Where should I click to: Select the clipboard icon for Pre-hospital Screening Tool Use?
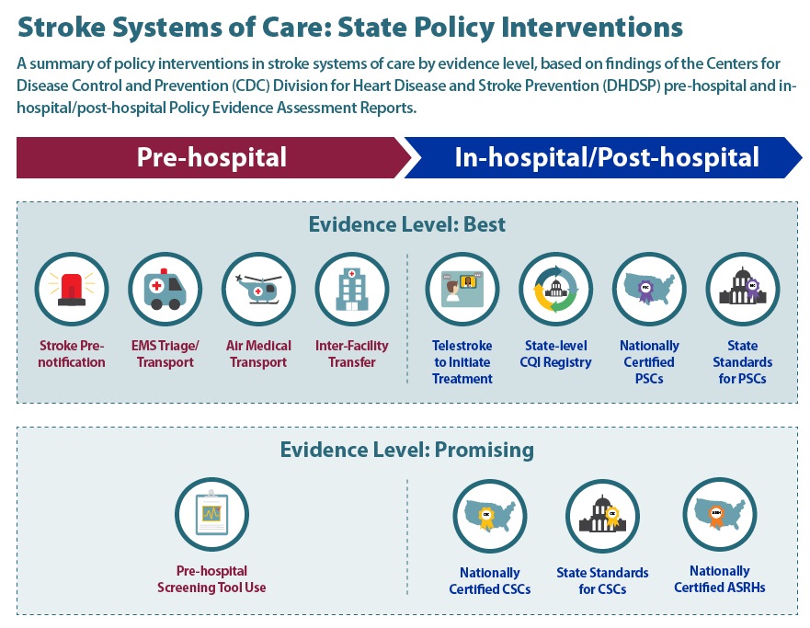211,515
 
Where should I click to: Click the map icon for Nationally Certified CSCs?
489,516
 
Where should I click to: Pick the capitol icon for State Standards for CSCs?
602,516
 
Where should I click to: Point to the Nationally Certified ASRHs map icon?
719,514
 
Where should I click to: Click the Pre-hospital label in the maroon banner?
211,157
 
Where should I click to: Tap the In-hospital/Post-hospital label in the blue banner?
607,157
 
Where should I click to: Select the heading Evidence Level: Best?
406,224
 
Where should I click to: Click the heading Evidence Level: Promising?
406,451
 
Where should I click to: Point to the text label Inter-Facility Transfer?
351,354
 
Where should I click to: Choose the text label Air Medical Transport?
258,354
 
